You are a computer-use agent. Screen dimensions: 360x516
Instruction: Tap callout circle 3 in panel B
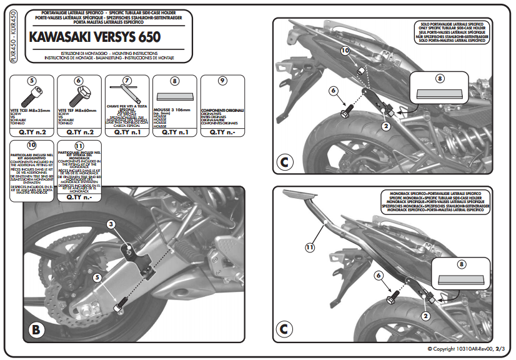click(x=110, y=224)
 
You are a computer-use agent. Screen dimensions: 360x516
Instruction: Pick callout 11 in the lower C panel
click(x=309, y=247)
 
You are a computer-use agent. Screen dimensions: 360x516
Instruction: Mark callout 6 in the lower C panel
click(x=379, y=275)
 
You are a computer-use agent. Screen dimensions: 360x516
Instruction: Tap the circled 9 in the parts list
click(x=222, y=81)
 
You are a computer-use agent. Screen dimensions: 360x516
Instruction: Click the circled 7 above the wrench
click(x=127, y=81)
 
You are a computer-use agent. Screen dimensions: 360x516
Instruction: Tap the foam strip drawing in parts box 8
click(x=174, y=96)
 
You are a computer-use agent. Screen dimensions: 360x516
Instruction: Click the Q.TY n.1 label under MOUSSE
click(x=174, y=132)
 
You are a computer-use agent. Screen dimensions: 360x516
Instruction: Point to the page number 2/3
click(x=500, y=349)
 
